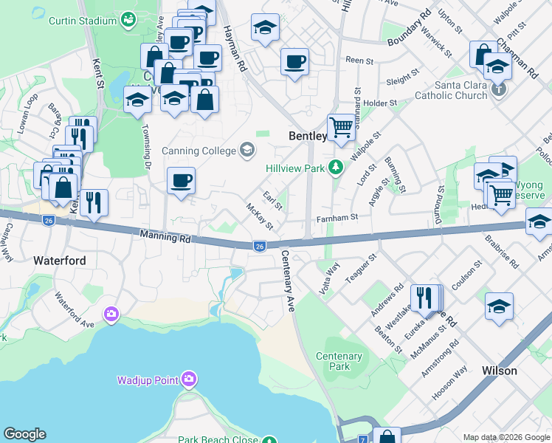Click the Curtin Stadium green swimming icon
click(x=130, y=20)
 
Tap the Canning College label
click(x=201, y=151)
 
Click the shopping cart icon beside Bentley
click(x=340, y=126)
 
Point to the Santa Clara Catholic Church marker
click(x=500, y=89)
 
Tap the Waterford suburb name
click(x=60, y=261)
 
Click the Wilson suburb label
click(x=499, y=371)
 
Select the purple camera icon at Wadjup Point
click(x=189, y=380)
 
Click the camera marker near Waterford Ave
click(x=111, y=315)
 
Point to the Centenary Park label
click(x=339, y=361)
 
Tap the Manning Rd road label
click(x=160, y=236)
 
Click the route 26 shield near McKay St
click(x=258, y=246)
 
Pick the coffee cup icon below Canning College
click(x=181, y=181)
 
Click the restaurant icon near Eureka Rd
click(x=423, y=298)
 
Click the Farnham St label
click(x=337, y=218)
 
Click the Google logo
click(x=24, y=434)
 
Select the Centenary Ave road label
click(x=287, y=281)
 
